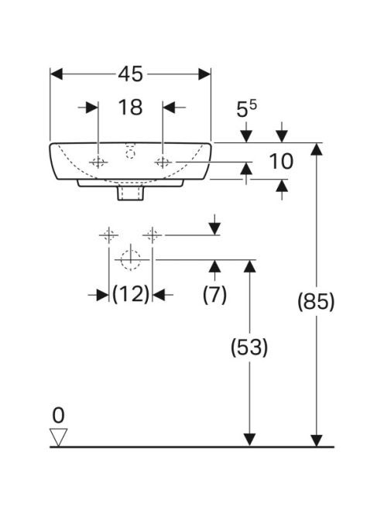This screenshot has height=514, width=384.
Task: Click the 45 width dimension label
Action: point(131,74)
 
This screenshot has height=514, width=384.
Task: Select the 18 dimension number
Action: point(130,107)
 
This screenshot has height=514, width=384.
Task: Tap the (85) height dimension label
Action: point(316,301)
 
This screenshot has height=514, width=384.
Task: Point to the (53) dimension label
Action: point(249,347)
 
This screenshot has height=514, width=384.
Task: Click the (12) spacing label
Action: point(131,293)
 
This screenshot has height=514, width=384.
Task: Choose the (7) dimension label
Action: point(214,294)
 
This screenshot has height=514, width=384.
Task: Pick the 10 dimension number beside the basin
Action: point(281,161)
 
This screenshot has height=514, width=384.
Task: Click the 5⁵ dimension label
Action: point(247,109)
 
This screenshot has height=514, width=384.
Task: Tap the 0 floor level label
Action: point(58,416)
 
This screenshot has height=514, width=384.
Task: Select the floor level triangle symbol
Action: point(58,437)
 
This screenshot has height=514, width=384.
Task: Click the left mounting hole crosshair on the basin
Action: point(98,162)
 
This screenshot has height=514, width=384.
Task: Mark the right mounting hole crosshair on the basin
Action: point(163,162)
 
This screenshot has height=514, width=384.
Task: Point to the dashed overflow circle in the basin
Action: point(131,153)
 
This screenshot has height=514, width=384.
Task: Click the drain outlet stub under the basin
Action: point(131,193)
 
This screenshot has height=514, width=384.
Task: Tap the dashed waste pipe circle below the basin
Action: point(131,259)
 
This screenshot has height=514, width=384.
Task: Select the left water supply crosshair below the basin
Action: point(109,235)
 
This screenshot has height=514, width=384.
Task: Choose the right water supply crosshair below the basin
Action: point(153,235)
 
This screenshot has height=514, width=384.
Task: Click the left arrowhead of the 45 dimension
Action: point(56,74)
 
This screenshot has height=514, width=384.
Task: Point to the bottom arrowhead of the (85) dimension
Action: point(317,440)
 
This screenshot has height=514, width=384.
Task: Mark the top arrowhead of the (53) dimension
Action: point(250,266)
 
